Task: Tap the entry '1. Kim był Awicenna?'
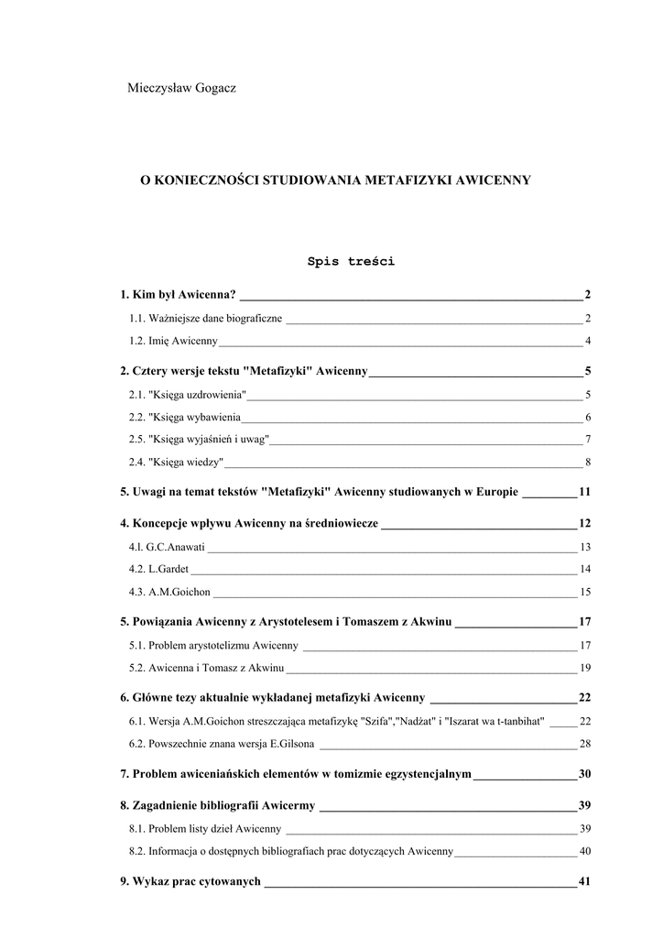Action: click(x=178, y=295)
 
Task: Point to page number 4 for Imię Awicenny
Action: click(x=587, y=342)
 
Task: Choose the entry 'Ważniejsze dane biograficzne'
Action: click(x=205, y=319)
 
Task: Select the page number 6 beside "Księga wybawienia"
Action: click(x=587, y=417)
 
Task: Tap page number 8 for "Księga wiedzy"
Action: click(x=587, y=461)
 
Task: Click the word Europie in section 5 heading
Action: click(x=495, y=492)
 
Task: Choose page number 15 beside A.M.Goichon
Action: click(x=585, y=592)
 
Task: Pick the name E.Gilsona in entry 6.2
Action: click(x=290, y=743)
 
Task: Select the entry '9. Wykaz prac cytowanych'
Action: click(x=190, y=882)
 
